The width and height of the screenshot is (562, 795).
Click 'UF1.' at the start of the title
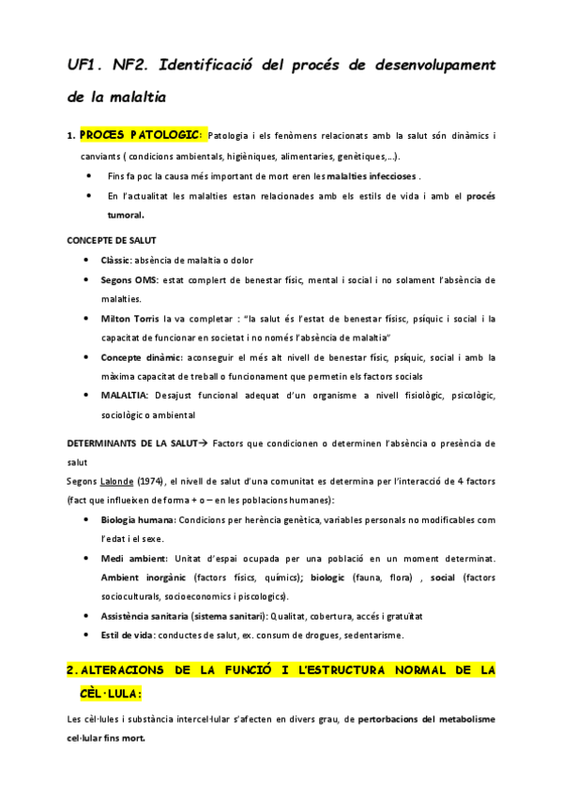[x=84, y=64]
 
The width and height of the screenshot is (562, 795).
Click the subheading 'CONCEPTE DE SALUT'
[x=112, y=241]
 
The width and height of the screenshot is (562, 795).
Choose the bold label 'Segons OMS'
[x=129, y=279]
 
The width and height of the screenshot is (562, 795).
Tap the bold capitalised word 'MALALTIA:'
[x=127, y=396]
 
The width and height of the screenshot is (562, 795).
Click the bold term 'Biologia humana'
[x=136, y=519]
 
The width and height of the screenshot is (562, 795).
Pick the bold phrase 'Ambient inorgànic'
[x=143, y=577]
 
